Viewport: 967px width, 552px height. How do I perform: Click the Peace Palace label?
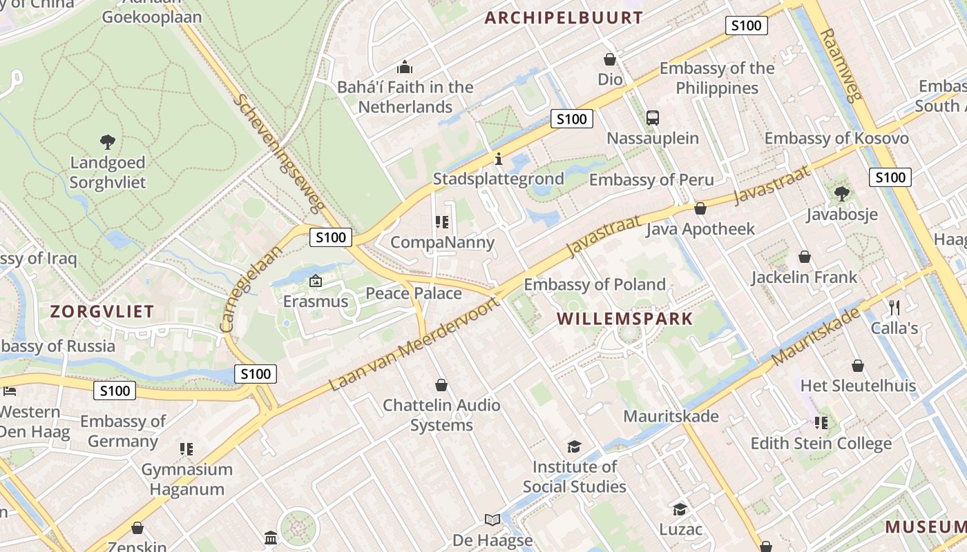(x=413, y=293)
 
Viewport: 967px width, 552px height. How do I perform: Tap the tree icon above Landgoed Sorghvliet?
(x=107, y=142)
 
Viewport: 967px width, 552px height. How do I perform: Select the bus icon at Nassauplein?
(x=653, y=118)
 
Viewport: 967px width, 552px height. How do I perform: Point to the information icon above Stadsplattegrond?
(x=499, y=159)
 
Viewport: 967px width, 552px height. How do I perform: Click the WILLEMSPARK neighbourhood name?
(x=624, y=319)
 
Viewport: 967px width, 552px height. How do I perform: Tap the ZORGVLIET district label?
(x=102, y=311)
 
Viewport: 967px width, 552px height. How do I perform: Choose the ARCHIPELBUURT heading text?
(x=564, y=18)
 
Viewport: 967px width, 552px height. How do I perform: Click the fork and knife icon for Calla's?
(x=894, y=307)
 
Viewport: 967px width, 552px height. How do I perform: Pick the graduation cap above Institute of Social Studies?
(x=574, y=446)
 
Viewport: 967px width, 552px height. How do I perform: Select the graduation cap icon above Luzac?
(x=680, y=509)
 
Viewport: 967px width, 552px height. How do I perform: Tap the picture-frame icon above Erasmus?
(x=316, y=281)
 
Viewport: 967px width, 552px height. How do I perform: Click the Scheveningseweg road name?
(x=278, y=152)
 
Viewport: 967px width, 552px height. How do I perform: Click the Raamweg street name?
(x=842, y=65)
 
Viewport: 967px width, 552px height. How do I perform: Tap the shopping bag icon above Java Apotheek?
(x=700, y=208)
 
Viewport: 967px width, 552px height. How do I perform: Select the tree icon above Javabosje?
(x=841, y=193)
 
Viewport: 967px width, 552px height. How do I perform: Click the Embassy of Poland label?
(x=595, y=284)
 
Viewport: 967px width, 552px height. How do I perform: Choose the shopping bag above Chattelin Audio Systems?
(x=441, y=384)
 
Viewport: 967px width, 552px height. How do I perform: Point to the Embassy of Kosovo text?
(x=836, y=138)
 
